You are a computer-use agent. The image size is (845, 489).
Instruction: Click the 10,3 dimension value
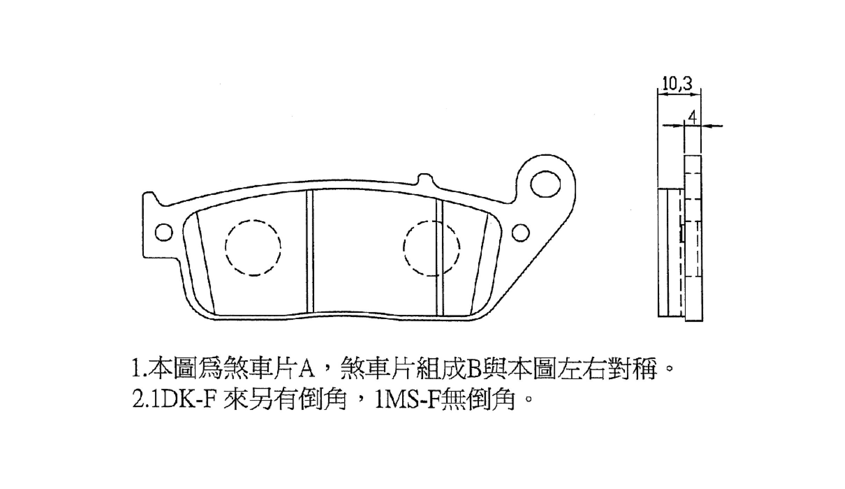coord(677,83)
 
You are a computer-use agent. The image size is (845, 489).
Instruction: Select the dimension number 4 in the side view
coord(692,117)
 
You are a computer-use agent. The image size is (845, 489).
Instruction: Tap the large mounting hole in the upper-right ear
coord(545,184)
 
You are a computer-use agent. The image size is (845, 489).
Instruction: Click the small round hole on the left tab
coord(164,232)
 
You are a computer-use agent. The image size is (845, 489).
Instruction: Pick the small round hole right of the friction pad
coord(521,232)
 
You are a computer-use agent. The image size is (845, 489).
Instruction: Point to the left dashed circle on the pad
coord(253,248)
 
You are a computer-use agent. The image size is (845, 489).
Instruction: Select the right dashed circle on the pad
coord(431,248)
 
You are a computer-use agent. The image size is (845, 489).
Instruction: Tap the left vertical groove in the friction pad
coord(309,251)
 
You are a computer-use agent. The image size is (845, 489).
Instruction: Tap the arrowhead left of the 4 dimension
coord(678,126)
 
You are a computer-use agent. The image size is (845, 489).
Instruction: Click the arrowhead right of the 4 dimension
coord(707,126)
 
